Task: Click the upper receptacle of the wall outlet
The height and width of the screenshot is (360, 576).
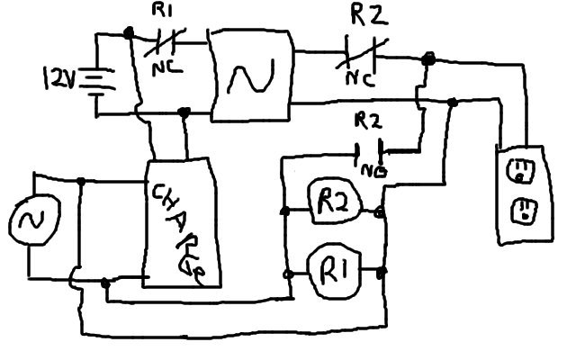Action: tap(520, 170)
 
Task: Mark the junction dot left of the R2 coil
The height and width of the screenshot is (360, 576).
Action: tap(286, 212)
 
